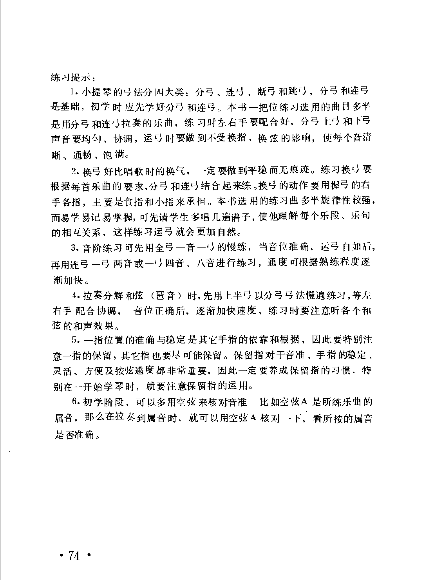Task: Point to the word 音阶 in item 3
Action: click(92, 248)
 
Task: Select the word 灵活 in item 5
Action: click(62, 371)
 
